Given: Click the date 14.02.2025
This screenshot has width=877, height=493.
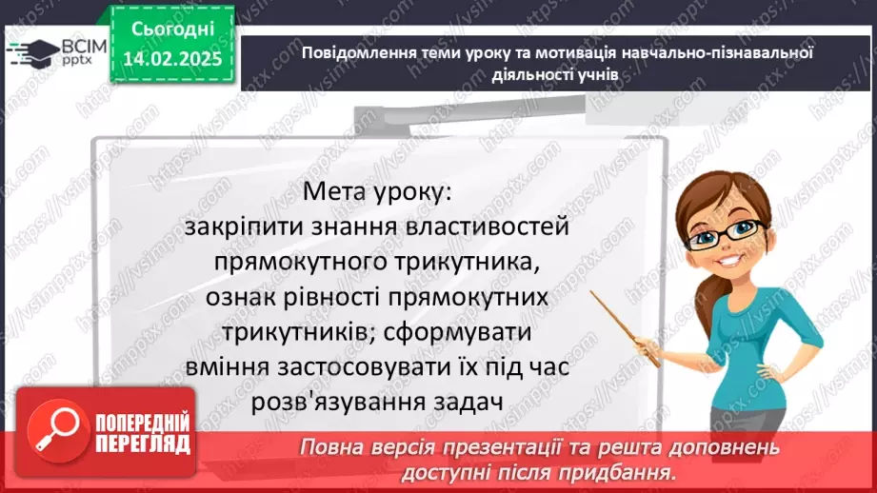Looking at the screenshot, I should (173, 60).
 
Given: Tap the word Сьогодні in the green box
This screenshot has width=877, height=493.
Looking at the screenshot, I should (173, 29).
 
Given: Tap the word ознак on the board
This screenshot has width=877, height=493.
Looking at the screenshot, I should (237, 297).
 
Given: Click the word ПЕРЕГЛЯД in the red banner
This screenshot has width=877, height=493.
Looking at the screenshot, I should (143, 444).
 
